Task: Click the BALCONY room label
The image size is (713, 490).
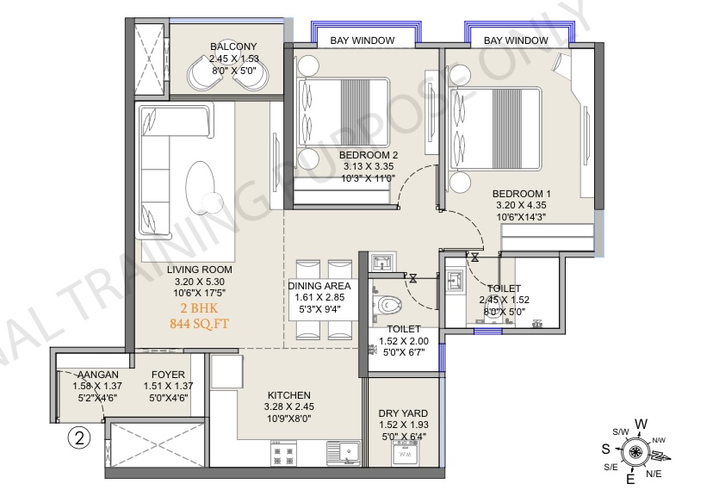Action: click(233, 47)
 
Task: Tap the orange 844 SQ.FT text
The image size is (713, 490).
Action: click(199, 324)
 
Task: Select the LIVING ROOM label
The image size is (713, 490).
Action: click(199, 270)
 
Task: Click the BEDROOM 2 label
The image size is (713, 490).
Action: click(369, 155)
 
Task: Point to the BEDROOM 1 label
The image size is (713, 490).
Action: click(521, 194)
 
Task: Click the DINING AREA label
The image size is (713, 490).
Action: click(319, 286)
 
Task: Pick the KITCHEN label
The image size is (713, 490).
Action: click(288, 395)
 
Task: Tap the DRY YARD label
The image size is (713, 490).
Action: click(403, 413)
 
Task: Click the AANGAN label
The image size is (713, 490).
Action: click(98, 375)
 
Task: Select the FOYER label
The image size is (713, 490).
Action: click(168, 375)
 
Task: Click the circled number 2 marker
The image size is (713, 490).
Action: click(79, 438)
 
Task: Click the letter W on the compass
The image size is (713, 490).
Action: click(642, 424)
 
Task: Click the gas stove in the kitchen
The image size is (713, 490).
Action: click(283, 453)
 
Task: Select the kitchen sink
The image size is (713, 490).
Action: click(344, 453)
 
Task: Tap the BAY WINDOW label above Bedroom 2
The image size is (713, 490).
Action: click(363, 40)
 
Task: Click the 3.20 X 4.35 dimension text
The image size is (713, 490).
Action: click(521, 206)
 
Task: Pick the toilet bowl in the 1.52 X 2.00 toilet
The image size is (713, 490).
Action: click(387, 304)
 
